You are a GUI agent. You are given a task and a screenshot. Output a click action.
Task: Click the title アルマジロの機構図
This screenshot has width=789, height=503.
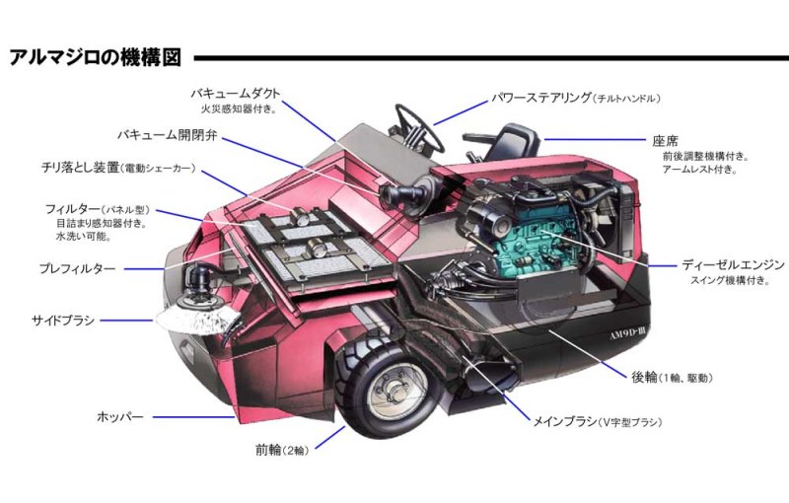[94, 56]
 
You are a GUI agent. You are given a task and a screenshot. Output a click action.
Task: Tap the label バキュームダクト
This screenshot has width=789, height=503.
[236, 93]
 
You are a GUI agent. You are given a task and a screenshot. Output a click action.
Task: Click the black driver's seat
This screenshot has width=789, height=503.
[514, 143]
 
